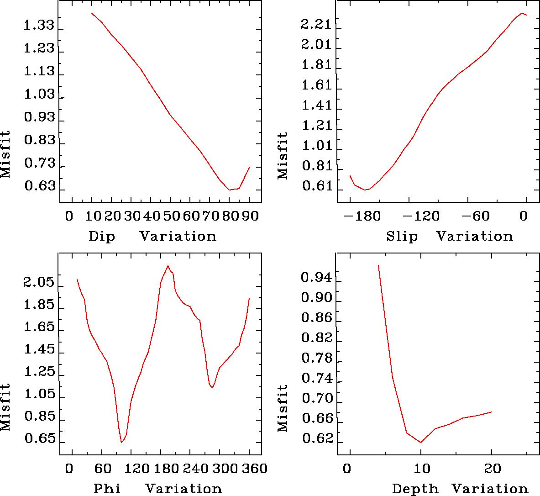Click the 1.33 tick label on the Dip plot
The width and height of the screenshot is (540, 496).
coord(38,26)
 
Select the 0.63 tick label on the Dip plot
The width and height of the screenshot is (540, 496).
coord(38,187)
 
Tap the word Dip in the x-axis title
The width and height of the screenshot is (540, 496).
coord(102,237)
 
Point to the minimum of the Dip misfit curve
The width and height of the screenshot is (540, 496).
coord(229,190)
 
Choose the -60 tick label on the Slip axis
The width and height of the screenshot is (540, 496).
coord(477,216)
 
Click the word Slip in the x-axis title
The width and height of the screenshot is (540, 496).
coord(402,237)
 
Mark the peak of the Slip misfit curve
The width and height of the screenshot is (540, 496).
coord(521,13)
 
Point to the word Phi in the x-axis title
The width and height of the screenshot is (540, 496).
coord(107,489)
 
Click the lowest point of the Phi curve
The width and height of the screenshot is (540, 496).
coord(121,442)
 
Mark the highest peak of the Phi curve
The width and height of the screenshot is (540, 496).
coord(168,266)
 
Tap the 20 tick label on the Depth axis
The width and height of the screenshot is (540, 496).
coord(492,469)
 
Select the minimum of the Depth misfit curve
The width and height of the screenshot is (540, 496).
coord(421,442)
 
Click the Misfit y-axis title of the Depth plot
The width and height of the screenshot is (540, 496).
coord(283,408)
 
